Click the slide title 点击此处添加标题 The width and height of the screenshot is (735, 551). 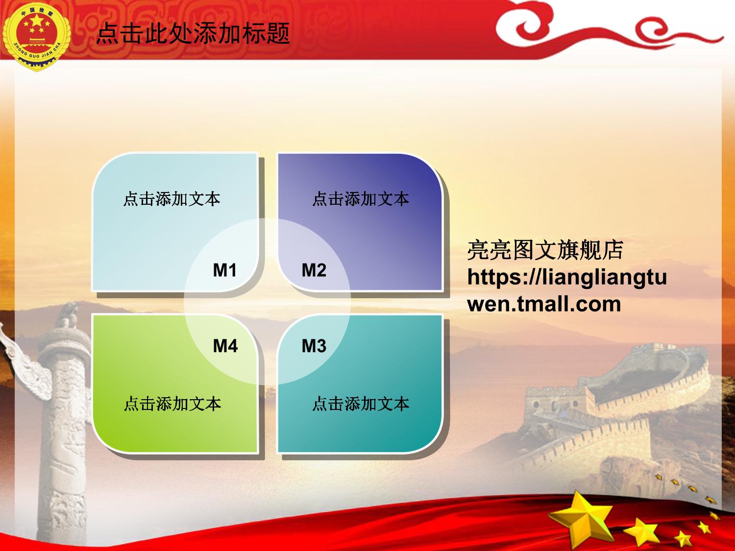click(193, 33)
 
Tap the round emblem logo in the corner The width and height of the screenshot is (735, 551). click(37, 36)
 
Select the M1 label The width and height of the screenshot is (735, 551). click(225, 270)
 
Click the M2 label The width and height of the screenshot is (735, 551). click(314, 270)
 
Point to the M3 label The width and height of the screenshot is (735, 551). click(314, 346)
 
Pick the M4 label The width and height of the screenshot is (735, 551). click(225, 346)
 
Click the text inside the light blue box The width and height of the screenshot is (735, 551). click(172, 199)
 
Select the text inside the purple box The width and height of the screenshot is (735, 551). click(361, 199)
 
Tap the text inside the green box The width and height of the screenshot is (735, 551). click(172, 404)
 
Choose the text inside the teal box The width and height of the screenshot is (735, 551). click(361, 404)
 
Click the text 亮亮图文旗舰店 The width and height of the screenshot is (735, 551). click(545, 250)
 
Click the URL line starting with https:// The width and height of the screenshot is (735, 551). click(567, 277)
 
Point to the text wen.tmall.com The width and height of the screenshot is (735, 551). click(544, 304)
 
